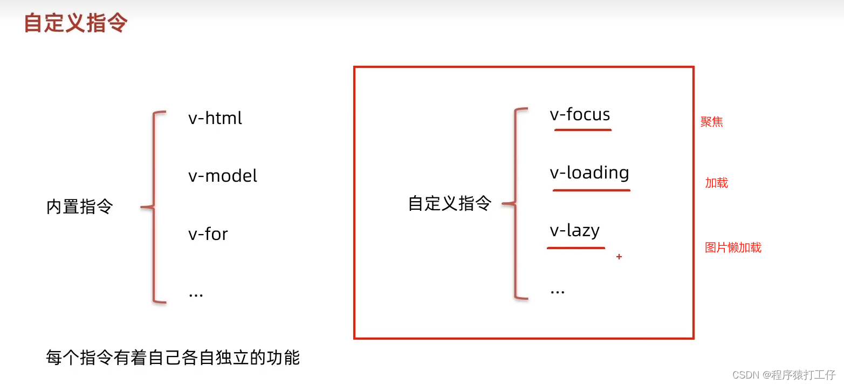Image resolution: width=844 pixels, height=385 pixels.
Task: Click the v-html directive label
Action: [x=215, y=118]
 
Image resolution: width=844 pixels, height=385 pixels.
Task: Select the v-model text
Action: [x=223, y=176]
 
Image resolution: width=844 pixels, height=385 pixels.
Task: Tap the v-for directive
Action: [x=208, y=235]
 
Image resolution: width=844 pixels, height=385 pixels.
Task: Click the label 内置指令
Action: [x=80, y=207]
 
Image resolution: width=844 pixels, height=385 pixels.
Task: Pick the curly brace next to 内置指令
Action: [x=154, y=207]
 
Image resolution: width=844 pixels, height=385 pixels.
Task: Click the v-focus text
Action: [x=580, y=115]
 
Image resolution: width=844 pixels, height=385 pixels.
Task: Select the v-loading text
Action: [x=589, y=173]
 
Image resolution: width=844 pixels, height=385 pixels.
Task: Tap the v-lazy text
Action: [x=575, y=231]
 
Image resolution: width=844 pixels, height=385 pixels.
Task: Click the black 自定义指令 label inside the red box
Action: [x=450, y=204]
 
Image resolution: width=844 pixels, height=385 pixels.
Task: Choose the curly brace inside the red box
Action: [x=515, y=204]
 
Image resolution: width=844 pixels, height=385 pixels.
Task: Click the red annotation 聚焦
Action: [x=711, y=122]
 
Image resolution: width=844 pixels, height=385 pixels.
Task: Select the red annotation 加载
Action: [x=717, y=183]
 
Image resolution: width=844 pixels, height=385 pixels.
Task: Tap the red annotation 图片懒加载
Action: [x=733, y=247]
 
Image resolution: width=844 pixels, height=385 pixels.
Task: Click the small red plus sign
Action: [x=619, y=257]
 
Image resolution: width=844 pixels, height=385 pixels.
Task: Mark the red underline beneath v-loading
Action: [x=591, y=190]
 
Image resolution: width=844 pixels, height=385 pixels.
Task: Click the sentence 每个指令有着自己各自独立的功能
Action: [x=173, y=357]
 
